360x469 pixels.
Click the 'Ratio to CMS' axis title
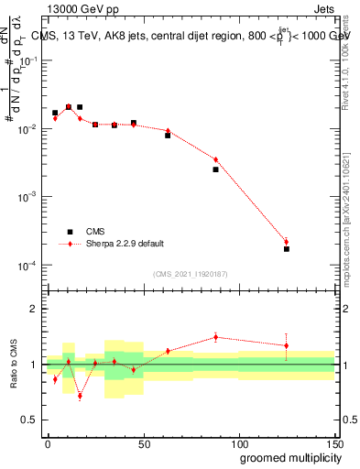pyautogui.click(x=15, y=363)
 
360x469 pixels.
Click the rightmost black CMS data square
pyautogui.click(x=287, y=249)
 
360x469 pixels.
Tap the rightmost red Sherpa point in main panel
pyautogui.click(x=287, y=242)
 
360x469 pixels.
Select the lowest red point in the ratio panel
pyautogui.click(x=80, y=397)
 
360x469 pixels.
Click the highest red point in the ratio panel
pyautogui.click(x=215, y=336)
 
